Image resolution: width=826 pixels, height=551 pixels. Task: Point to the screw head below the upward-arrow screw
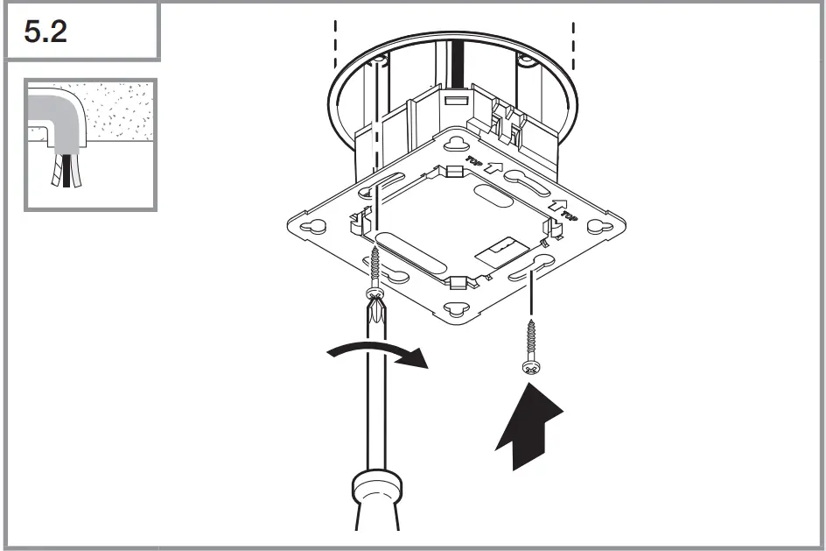pyautogui.click(x=530, y=367)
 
